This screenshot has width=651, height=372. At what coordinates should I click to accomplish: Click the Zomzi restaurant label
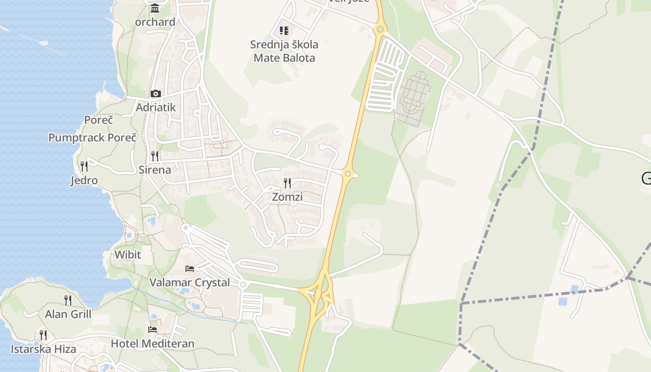[x=287, y=197]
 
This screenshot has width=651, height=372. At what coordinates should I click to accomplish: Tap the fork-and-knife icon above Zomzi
[x=287, y=183]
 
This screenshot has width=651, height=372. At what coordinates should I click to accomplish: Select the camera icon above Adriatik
[x=156, y=93]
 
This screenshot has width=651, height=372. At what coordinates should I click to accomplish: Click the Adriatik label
[x=156, y=107]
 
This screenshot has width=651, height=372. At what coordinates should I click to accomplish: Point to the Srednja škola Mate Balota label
[x=284, y=51]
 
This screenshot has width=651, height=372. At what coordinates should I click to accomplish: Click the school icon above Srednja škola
[x=284, y=31]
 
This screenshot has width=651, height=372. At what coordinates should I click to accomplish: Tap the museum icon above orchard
[x=155, y=8]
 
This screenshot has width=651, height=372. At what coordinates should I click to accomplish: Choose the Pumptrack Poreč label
[x=93, y=138]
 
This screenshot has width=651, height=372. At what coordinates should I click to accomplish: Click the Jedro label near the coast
[x=84, y=180]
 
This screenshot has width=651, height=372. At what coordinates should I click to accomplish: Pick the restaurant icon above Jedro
[x=84, y=166]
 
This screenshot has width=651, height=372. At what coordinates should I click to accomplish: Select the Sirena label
[x=155, y=170]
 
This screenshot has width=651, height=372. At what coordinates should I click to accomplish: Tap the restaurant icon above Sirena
[x=155, y=156]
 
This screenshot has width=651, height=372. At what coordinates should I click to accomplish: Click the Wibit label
[x=127, y=255]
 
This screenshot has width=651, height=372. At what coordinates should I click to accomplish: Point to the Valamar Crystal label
[x=190, y=282]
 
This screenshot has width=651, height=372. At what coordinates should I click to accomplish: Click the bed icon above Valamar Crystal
[x=190, y=268]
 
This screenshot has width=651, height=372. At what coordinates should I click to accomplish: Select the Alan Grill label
[x=68, y=314]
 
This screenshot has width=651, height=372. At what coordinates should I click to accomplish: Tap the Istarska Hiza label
[x=44, y=349]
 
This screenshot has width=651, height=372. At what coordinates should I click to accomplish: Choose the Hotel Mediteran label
[x=153, y=344]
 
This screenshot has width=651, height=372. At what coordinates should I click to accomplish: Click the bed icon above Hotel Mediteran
[x=153, y=330]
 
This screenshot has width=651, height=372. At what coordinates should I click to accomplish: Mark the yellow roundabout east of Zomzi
[x=347, y=174]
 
